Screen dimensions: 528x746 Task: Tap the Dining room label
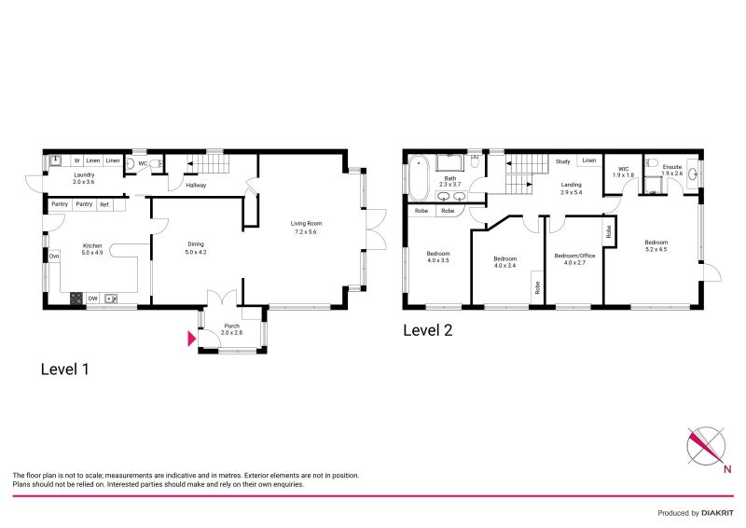tap(194, 244)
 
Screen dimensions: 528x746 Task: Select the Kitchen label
tap(91, 245)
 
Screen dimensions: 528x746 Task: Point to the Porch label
tap(231, 326)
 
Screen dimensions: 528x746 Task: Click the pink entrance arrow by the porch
tap(192, 340)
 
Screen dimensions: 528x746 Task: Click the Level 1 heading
tap(65, 369)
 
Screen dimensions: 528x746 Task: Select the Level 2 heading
tap(427, 330)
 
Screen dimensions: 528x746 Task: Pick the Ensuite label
tap(671, 167)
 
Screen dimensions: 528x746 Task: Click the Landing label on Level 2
tap(571, 185)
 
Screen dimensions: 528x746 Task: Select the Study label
tap(562, 161)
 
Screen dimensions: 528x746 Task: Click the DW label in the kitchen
tap(93, 299)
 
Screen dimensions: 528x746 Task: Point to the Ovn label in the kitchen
tap(54, 256)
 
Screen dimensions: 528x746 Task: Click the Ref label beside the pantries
tap(104, 204)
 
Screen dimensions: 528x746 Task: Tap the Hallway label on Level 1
tap(196, 186)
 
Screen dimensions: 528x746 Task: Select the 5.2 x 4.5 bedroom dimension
tap(656, 250)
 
